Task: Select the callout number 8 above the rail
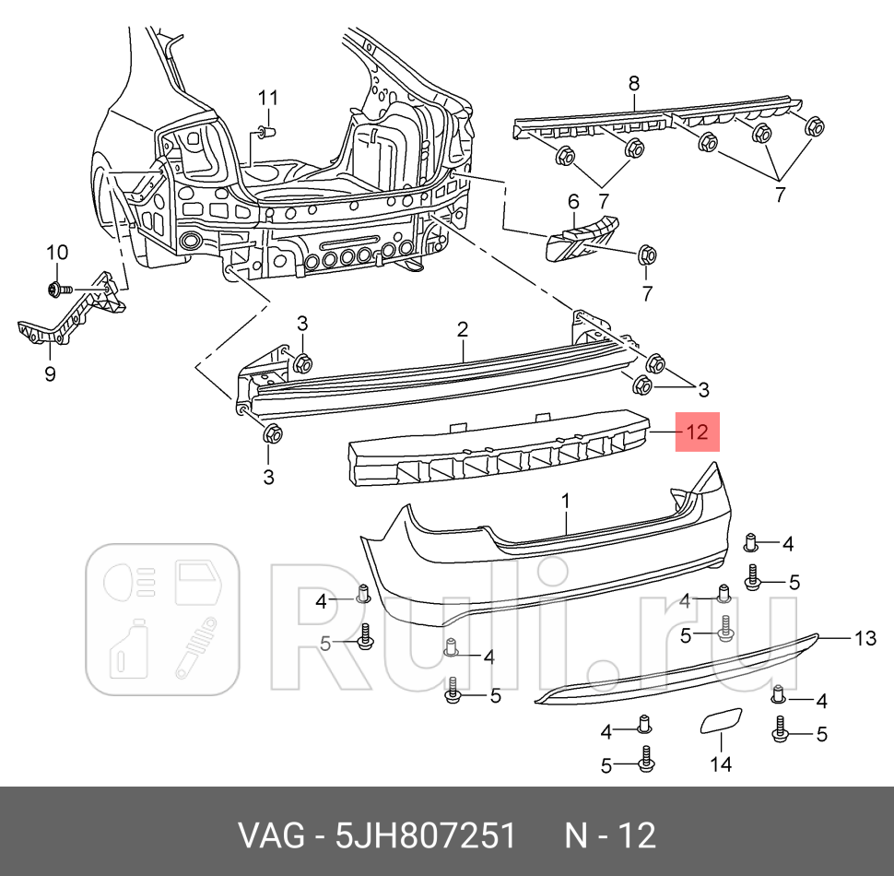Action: (633, 83)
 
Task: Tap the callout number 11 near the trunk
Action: (267, 98)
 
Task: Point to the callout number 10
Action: (56, 253)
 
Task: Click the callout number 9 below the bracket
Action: (50, 373)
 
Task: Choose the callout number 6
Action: (572, 201)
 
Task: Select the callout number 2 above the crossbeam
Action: (463, 329)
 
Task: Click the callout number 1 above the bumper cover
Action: (566, 501)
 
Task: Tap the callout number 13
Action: (865, 637)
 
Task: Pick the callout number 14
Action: (720, 764)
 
